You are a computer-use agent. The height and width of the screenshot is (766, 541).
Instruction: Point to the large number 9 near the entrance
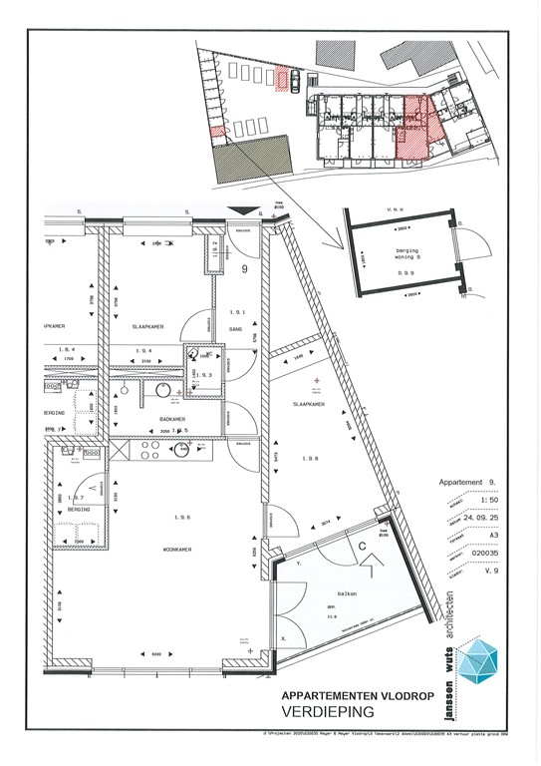(x=244, y=269)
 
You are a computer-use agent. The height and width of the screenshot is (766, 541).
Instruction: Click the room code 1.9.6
(x=181, y=517)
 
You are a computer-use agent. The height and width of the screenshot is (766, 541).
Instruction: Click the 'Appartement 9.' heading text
(x=467, y=484)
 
